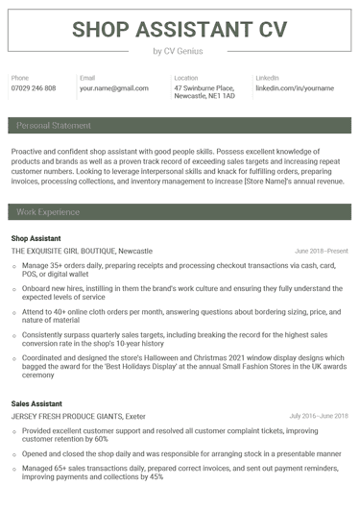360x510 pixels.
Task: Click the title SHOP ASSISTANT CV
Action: (x=180, y=28)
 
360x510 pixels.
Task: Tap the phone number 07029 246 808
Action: (x=34, y=88)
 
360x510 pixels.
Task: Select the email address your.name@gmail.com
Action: (x=114, y=88)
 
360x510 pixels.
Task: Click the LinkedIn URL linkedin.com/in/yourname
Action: (x=295, y=88)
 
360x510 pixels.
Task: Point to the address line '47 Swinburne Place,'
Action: (x=204, y=87)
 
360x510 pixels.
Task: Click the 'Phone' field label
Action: (x=20, y=77)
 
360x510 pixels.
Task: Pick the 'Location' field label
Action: (x=186, y=77)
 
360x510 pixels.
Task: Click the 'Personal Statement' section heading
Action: (x=54, y=125)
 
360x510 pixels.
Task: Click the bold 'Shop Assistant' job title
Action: (x=36, y=237)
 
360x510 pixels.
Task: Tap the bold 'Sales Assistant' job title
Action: (x=36, y=403)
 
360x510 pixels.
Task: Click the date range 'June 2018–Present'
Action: (x=322, y=251)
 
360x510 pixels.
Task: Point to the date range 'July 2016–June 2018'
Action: (x=319, y=416)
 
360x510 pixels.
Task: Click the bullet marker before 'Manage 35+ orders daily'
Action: (x=14, y=264)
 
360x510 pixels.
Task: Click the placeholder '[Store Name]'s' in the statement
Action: (x=272, y=180)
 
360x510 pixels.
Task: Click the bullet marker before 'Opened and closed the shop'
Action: (x=14, y=452)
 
